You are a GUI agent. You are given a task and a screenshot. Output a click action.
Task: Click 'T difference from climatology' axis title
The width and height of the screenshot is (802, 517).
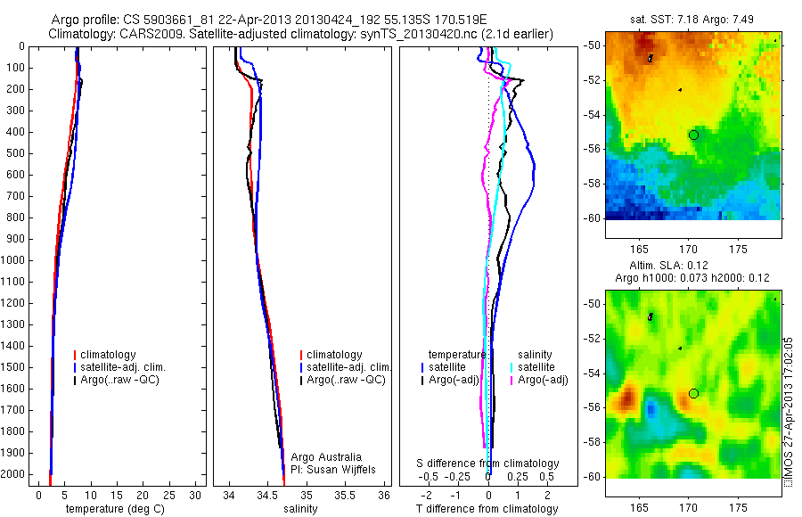pyautogui.click(x=487, y=509)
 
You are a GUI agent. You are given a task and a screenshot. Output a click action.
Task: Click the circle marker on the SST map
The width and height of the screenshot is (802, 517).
pyautogui.click(x=693, y=135)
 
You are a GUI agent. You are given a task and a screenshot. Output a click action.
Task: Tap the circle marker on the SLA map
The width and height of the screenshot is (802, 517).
pyautogui.click(x=693, y=393)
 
